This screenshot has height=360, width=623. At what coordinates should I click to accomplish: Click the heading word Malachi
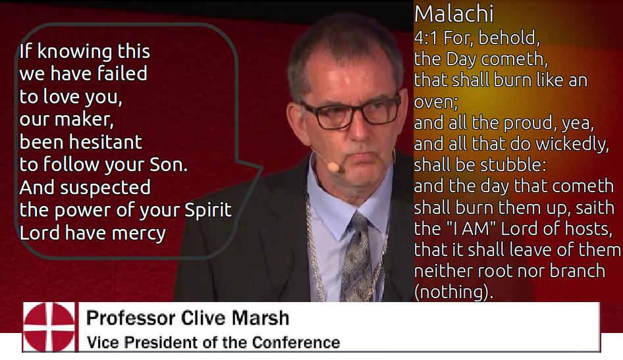pos(454,14)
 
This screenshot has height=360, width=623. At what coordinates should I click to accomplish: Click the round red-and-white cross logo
pos(49,327)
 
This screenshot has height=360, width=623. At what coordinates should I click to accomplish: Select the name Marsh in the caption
pos(260,318)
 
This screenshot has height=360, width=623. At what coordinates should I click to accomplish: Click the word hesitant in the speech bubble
pos(105,142)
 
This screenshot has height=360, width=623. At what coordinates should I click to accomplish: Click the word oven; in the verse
pos(436,102)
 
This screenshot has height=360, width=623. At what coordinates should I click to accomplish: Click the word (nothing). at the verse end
pos(453,292)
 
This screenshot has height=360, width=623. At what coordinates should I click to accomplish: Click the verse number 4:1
pos(426,38)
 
